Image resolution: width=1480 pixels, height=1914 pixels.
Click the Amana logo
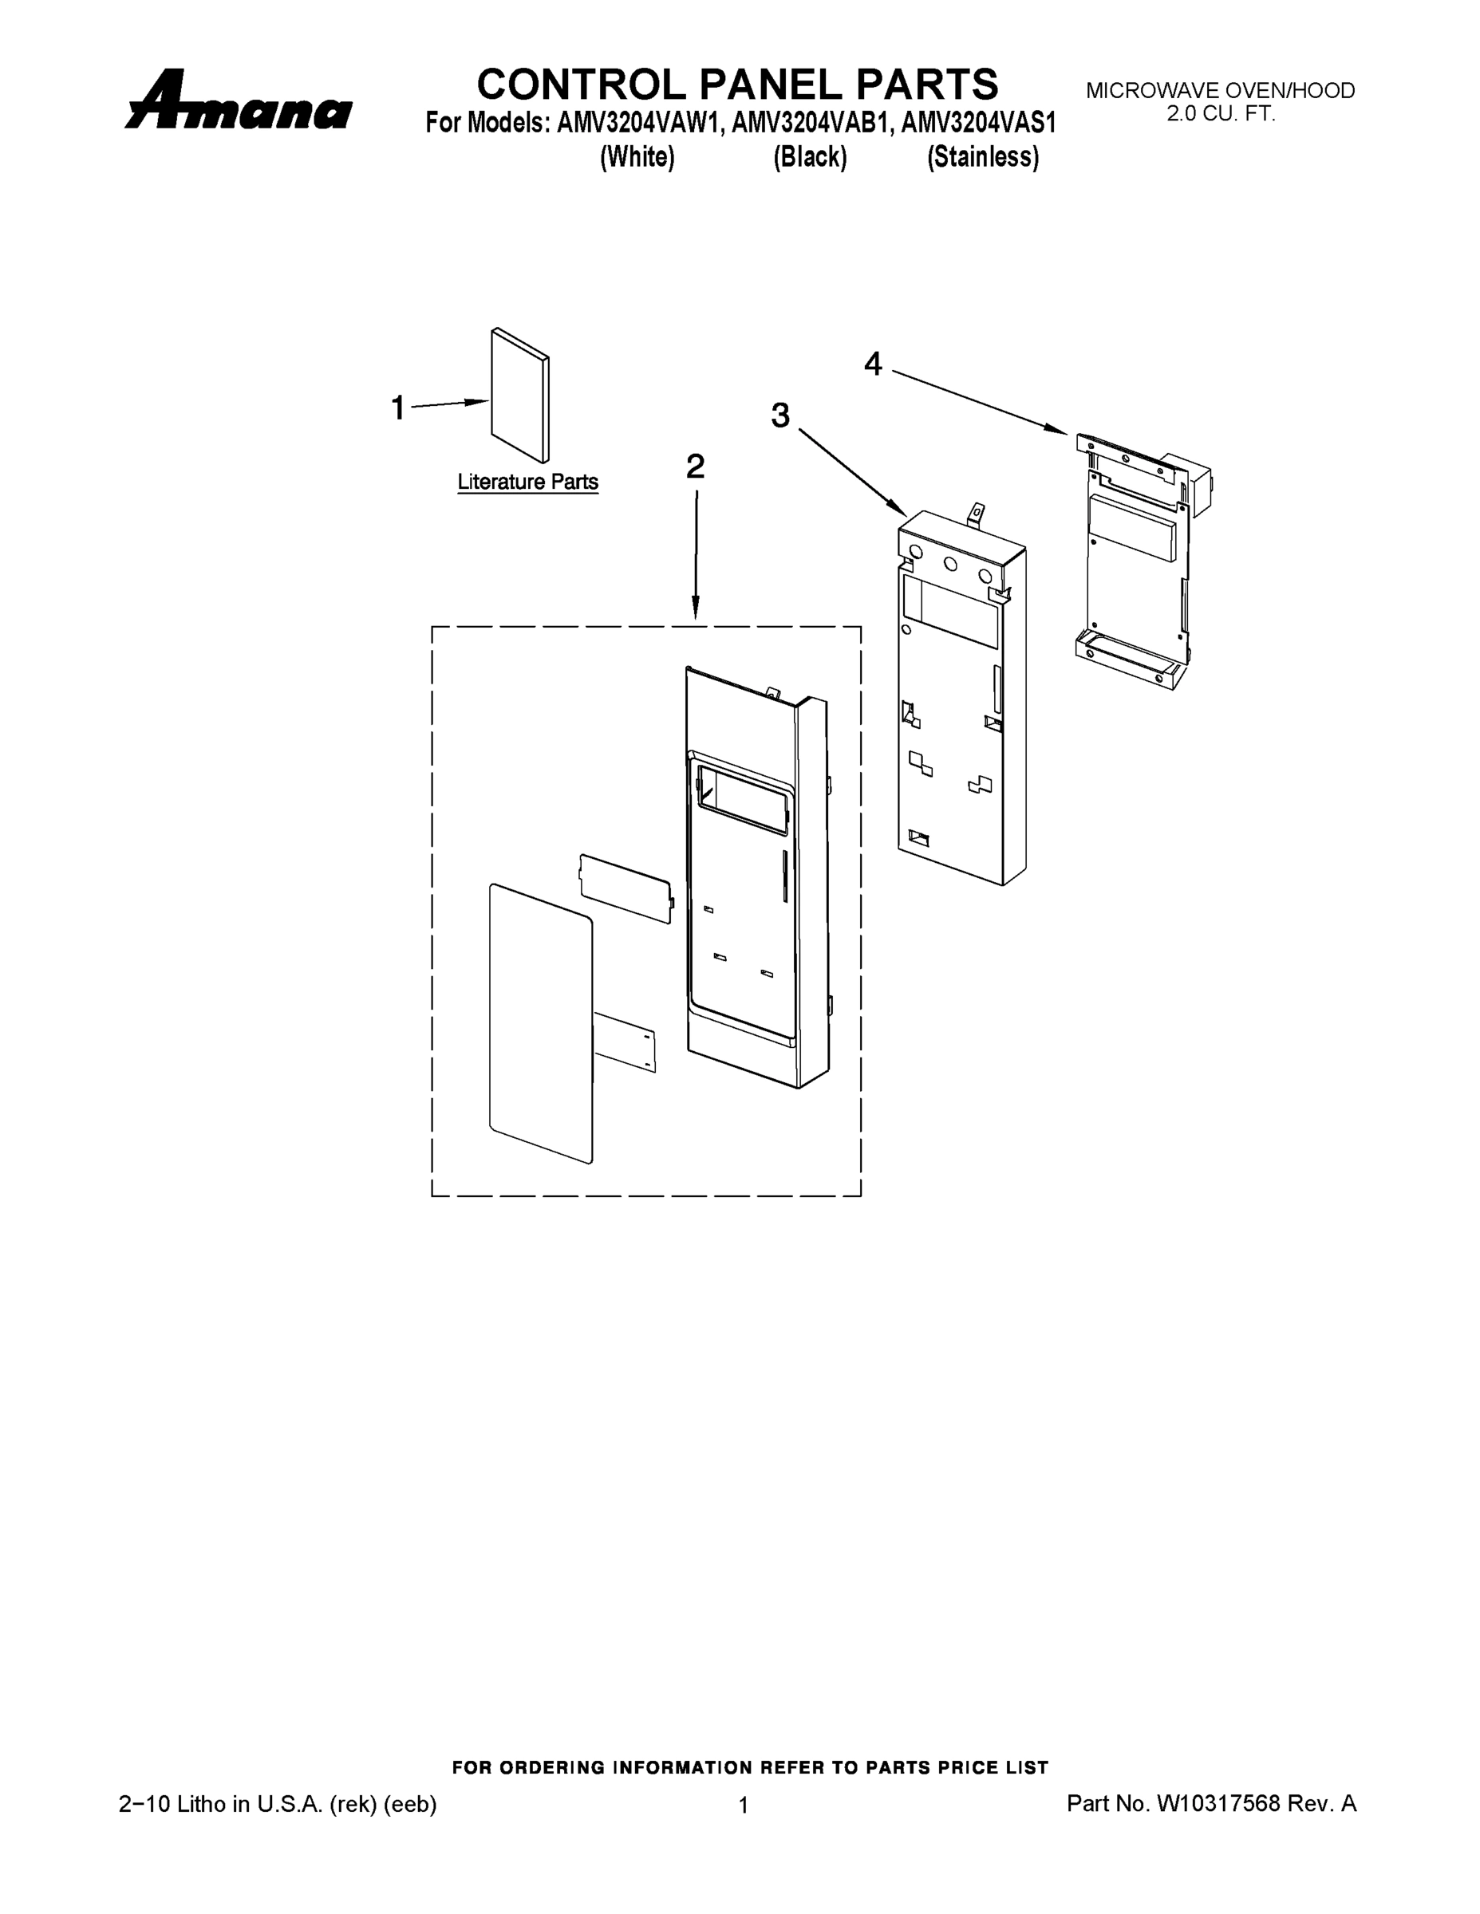[239, 103]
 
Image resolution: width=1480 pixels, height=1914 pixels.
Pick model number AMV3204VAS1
[977, 124]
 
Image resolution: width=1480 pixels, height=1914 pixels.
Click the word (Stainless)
[983, 157]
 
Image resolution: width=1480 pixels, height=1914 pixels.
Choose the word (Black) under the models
[809, 157]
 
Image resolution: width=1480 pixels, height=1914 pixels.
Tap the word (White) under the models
[637, 157]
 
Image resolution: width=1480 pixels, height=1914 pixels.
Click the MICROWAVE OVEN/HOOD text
[1220, 90]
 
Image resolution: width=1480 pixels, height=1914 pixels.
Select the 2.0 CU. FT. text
[1220, 113]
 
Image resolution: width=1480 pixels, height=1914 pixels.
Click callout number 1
[398, 408]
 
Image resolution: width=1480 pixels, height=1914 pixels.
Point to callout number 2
[694, 467]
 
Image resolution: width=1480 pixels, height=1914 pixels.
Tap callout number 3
[779, 415]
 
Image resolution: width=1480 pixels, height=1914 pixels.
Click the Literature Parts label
[528, 482]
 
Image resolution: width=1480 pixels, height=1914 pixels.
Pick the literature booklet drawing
[520, 396]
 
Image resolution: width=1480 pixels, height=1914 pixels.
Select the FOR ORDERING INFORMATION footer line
[750, 1767]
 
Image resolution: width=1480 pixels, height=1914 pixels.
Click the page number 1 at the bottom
[744, 1806]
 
